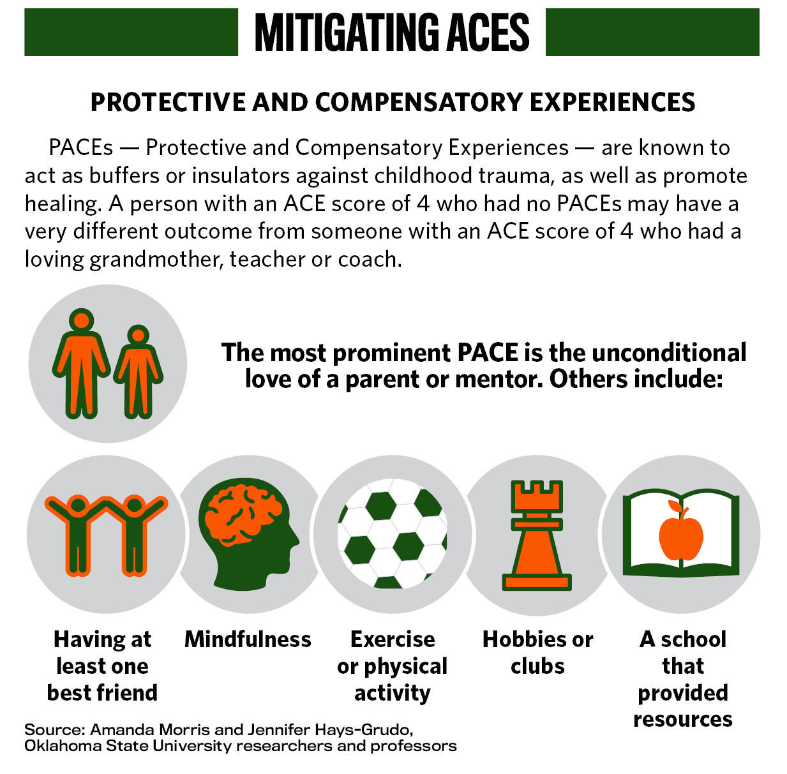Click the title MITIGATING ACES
pos(392,33)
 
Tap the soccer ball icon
pos(392,533)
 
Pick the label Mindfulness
pos(248,639)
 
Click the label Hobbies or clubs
pos(537,652)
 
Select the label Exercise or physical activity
pos(392,666)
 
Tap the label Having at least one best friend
pos(102,666)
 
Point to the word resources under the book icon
pos(682,719)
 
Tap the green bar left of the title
pos(131,33)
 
